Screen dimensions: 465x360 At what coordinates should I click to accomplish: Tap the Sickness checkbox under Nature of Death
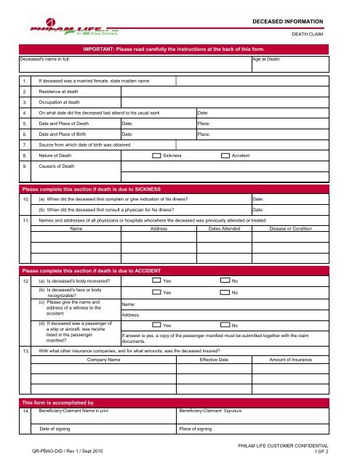coord(157,155)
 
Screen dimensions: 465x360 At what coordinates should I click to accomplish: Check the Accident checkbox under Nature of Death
coord(226,155)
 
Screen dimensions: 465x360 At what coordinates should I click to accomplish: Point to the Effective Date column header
coord(219,359)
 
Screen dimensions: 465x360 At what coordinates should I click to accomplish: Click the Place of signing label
coord(198,430)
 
